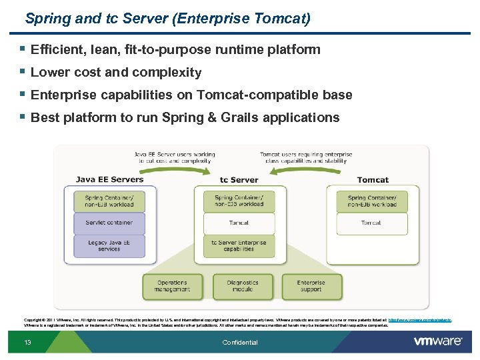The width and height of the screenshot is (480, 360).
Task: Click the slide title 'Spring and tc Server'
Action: coord(167,18)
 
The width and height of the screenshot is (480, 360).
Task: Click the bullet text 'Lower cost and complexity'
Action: coord(116,72)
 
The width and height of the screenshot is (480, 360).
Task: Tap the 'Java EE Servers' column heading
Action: coord(109,179)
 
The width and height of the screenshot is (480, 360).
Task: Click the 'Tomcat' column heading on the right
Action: coord(373,179)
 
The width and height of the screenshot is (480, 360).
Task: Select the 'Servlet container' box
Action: coord(109,223)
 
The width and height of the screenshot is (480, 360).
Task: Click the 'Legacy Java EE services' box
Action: coord(109,245)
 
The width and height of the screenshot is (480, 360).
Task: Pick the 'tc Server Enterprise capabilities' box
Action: coord(239,245)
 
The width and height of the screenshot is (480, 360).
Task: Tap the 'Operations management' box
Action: coord(172,286)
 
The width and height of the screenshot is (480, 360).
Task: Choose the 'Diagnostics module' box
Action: coord(242,286)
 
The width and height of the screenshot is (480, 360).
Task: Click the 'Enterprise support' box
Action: coord(311,286)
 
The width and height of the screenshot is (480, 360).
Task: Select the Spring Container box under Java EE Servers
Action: coord(109,201)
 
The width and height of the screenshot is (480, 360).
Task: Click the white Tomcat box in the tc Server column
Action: coord(239,223)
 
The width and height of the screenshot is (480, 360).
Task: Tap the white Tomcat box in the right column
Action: coord(371,223)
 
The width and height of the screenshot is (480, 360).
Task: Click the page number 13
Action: coord(27,343)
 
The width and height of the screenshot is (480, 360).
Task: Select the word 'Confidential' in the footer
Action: coord(240,343)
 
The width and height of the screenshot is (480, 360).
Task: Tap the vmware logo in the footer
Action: coord(437,341)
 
